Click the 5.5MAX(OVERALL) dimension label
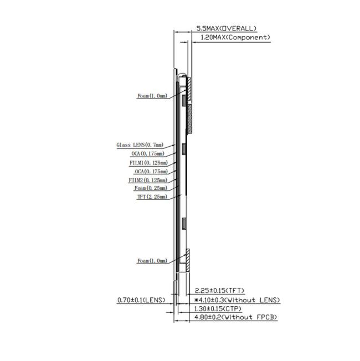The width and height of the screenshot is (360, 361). point(227,28)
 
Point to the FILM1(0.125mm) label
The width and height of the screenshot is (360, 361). point(148,163)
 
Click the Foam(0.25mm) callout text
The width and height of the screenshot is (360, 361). point(151,188)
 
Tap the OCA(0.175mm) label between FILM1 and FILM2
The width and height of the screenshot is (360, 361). point(151,172)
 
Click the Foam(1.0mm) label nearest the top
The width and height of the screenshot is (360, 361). point(152,96)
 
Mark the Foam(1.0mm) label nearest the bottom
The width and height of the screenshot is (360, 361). point(152,261)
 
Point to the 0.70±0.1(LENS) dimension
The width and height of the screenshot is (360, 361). point(142,300)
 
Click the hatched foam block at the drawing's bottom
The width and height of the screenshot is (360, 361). point(187,257)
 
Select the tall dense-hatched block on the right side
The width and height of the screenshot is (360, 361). point(189,119)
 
